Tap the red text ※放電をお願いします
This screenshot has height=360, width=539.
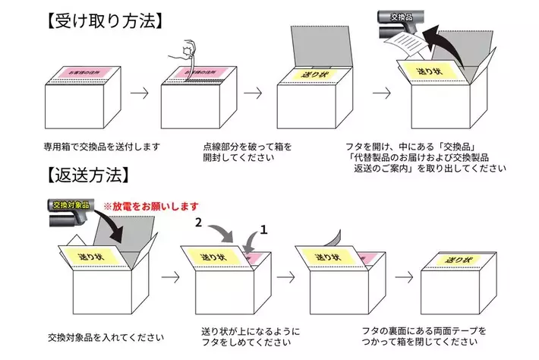151,207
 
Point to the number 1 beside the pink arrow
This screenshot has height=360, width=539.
264,229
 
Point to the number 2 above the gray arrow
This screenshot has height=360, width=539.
198,223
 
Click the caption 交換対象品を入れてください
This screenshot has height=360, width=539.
106,334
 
